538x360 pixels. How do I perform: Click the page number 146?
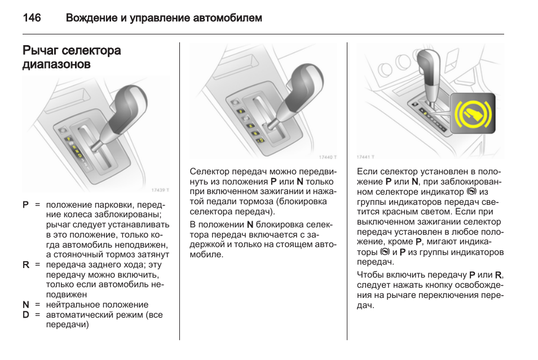pyautogui.click(x=32, y=18)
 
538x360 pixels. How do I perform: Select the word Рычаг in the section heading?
pyautogui.click(x=41, y=51)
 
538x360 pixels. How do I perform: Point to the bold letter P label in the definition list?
pyautogui.click(x=25, y=204)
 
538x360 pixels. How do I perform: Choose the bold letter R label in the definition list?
pyautogui.click(x=25, y=264)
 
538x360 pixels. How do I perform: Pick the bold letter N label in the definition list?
pyautogui.click(x=25, y=305)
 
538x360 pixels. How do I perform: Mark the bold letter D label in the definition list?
pyautogui.click(x=25, y=315)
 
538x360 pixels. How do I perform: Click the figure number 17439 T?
pyautogui.click(x=160, y=190)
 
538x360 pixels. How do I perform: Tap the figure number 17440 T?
pyautogui.click(x=327, y=157)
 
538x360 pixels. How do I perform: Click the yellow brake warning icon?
pyautogui.click(x=473, y=114)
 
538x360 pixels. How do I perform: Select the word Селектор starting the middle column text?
pyautogui.click(x=209, y=172)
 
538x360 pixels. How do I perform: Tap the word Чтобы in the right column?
pyautogui.click(x=370, y=275)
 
